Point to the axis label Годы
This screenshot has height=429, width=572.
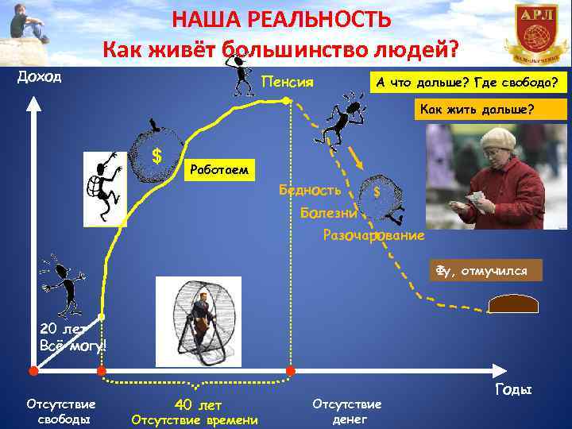(512, 389)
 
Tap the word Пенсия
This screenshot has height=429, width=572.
(288, 82)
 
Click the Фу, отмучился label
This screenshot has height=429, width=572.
(485, 270)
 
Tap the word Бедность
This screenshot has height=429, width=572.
(310, 190)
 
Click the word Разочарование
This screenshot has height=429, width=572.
(373, 235)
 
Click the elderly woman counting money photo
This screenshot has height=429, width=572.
(485, 176)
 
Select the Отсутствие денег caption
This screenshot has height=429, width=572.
(346, 411)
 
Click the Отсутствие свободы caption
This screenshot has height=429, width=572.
(60, 411)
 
